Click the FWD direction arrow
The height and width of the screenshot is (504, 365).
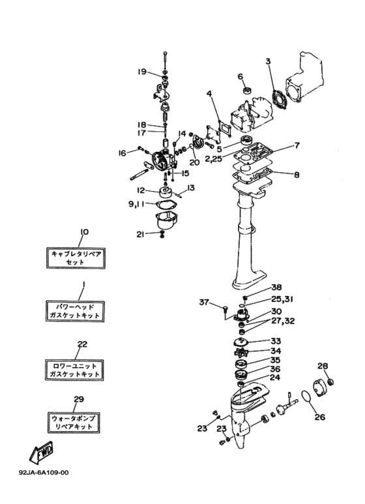tap(41, 453)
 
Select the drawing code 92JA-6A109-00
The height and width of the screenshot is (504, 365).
tap(44, 473)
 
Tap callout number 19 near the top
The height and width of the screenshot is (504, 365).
tap(142, 71)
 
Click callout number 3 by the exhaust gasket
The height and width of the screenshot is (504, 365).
tap(268, 61)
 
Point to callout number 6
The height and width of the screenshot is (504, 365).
tap(241, 76)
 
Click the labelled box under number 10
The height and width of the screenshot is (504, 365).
tap(76, 258)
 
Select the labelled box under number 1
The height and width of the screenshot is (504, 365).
tap(75, 311)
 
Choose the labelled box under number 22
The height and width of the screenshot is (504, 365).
tap(74, 370)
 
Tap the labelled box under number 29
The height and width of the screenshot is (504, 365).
tap(74, 422)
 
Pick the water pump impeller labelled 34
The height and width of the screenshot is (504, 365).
tap(243, 352)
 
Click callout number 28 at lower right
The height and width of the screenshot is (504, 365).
tap(323, 366)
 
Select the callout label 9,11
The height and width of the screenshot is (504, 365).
tap(137, 204)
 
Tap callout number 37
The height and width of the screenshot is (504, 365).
tap(204, 302)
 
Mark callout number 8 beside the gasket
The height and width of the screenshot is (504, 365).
tap(297, 175)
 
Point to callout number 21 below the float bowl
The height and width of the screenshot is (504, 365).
tap(140, 235)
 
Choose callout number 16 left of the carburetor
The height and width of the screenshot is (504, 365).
tap(122, 153)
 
